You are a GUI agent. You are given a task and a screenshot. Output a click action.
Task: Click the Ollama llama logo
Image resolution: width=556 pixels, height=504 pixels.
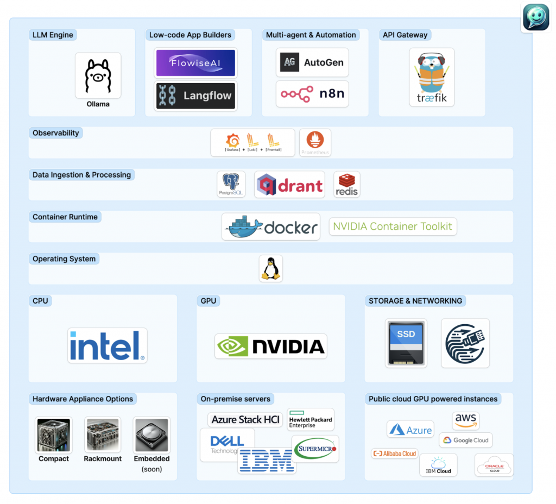click(98, 76)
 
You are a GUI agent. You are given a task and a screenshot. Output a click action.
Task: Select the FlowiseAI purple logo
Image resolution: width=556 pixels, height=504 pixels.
click(195, 63)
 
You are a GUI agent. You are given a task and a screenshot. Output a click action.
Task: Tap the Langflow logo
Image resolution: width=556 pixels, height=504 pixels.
click(195, 96)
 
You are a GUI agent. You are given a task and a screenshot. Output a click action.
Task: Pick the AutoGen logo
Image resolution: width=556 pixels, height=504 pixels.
click(312, 62)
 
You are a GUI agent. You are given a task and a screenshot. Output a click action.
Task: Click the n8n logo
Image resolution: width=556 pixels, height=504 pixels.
click(312, 94)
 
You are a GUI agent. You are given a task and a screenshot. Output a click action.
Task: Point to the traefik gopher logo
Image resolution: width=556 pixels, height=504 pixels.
click(432, 77)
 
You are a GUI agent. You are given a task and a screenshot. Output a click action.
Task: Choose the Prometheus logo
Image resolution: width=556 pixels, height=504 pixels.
click(315, 142)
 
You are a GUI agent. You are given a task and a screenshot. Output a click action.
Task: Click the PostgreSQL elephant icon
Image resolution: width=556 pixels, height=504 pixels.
click(231, 184)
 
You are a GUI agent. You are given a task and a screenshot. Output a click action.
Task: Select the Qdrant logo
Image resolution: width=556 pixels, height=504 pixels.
click(289, 185)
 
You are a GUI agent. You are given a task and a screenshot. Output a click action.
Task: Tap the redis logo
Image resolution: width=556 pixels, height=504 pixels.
click(346, 185)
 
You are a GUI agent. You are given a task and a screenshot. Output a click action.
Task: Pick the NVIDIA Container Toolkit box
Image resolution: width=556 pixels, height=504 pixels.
click(393, 226)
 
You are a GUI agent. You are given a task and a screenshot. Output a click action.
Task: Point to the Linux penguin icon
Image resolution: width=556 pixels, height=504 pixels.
click(270, 268)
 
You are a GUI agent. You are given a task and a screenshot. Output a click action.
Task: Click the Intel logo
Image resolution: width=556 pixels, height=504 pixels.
click(108, 345)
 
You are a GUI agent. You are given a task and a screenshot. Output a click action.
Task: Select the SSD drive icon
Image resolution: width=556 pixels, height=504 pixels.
click(406, 343)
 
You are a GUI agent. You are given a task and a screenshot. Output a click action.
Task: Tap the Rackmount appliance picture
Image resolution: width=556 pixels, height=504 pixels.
click(102, 435)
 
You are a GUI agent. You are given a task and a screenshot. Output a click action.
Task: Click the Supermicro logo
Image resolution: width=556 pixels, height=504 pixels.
click(315, 449)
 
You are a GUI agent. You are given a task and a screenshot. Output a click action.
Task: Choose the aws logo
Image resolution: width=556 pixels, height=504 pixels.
click(466, 420)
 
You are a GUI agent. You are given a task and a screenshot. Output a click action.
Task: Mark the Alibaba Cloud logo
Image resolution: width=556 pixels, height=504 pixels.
click(394, 453)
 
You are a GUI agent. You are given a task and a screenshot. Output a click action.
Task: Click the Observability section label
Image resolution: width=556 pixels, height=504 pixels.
click(56, 133)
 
